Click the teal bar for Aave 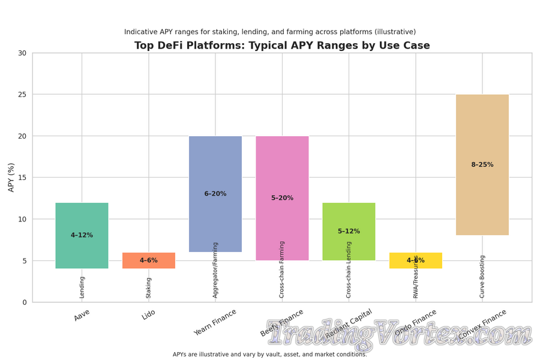[82, 219]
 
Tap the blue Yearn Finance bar [215, 168]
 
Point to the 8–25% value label [482, 165]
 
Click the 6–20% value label [215, 194]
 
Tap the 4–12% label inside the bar [82, 235]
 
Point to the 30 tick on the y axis [22, 53]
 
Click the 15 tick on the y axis [22, 178]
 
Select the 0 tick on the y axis [24, 302]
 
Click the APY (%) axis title [11, 177]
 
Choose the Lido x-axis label [149, 315]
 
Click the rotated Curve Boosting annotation [482, 277]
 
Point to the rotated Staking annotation [149, 287]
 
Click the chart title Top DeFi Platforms [282, 46]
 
